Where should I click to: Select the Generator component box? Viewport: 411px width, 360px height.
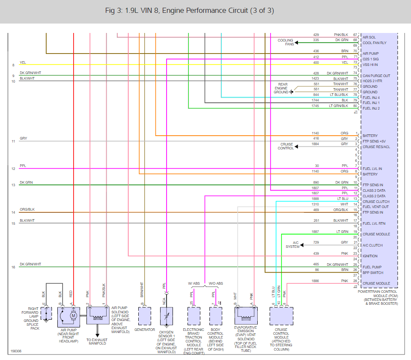[145, 315]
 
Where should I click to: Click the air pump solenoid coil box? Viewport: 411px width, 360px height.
[98, 315]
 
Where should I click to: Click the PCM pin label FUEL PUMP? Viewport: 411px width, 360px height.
[373, 267]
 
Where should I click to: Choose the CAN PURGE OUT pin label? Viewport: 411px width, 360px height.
[376, 76]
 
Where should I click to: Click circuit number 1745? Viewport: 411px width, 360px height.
[315, 106]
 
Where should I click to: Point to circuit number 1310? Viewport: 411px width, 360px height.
[315, 204]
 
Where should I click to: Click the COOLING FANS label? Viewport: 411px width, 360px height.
[286, 42]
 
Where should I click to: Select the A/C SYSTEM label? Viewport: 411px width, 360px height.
[293, 245]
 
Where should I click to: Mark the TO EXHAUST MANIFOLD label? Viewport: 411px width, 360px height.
[97, 342]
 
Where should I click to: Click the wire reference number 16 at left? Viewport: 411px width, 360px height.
[13, 267]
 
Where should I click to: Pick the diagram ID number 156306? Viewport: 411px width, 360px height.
[16, 351]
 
